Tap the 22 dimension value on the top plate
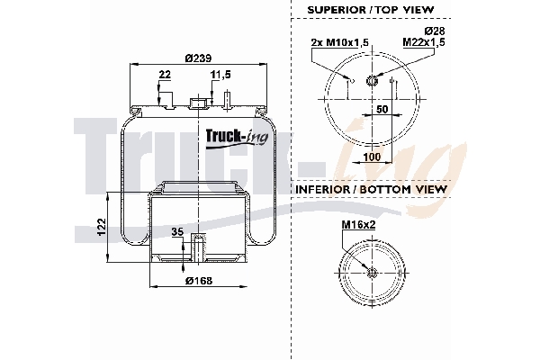tap(164, 75)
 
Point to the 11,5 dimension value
tap(221, 75)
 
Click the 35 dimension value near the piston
tap(177, 233)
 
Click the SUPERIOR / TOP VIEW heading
tap(370, 9)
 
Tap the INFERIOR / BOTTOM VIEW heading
tap(370, 190)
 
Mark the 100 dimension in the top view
tap(371, 157)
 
